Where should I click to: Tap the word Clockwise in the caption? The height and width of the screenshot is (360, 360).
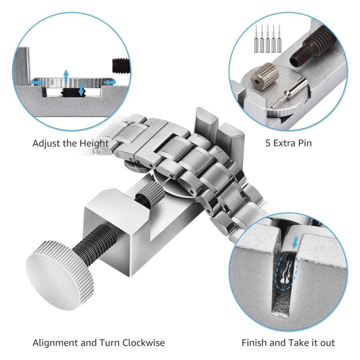143,343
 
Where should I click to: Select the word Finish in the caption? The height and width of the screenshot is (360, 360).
254,343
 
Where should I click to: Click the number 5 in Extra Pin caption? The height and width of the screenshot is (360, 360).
268,143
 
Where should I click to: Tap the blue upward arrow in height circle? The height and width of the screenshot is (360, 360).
66,76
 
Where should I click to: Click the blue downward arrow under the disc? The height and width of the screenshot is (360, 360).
81,90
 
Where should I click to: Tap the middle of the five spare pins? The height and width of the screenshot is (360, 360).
268,39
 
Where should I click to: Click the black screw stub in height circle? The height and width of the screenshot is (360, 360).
121,66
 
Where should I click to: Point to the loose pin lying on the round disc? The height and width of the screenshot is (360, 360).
290,92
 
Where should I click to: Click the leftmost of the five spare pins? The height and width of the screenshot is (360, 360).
256,39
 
